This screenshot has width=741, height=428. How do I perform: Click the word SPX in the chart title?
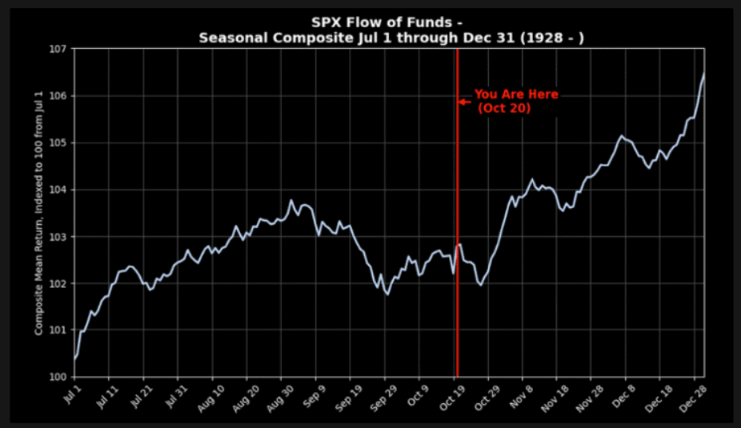point(326,22)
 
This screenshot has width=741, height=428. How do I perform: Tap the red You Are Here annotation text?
point(515,94)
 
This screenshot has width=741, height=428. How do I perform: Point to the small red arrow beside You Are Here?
point(463,102)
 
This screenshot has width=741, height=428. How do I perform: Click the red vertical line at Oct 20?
point(457,240)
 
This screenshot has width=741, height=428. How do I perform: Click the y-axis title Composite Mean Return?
point(38,212)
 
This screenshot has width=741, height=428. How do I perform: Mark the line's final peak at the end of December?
point(703,74)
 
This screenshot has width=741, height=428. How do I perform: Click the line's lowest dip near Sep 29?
point(387,294)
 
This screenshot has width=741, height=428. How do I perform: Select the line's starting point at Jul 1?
point(74,358)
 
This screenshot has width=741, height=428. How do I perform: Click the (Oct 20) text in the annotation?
point(504,109)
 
